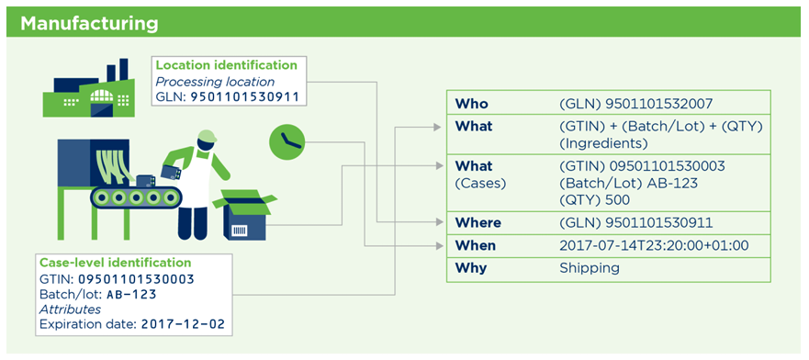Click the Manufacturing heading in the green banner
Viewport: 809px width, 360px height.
(x=89, y=24)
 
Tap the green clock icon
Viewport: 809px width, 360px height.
(x=287, y=141)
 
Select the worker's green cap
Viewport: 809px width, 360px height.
(x=207, y=135)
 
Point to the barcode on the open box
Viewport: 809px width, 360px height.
(x=239, y=231)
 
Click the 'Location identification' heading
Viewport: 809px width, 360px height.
(x=227, y=65)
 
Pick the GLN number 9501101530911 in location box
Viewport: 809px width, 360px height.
(x=244, y=96)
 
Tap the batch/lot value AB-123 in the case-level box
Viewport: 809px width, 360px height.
(x=131, y=295)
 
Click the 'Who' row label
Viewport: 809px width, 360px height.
(x=471, y=104)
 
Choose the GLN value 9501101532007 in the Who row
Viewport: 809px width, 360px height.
(x=636, y=104)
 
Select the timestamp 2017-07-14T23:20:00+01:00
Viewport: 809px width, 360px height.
(x=654, y=245)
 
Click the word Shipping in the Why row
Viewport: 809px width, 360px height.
(x=590, y=268)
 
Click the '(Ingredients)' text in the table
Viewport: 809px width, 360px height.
(x=603, y=143)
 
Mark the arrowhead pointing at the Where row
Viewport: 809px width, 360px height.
(x=439, y=222)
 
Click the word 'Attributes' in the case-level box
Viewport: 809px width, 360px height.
(x=70, y=309)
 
